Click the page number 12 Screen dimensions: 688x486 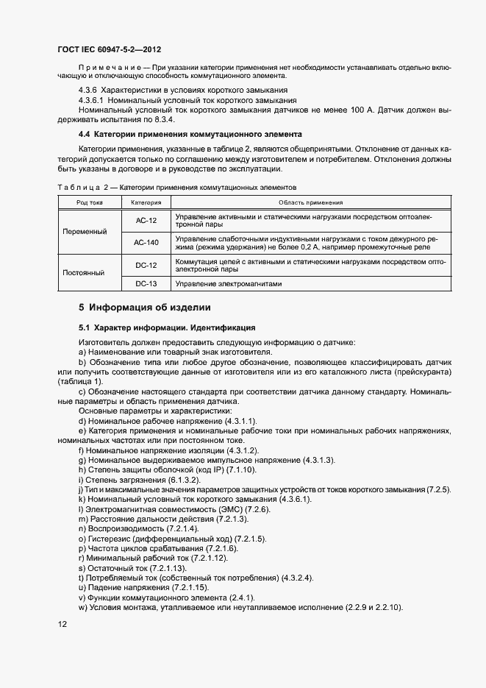62,625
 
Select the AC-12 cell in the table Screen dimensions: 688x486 147,221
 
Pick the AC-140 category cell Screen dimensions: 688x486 147,242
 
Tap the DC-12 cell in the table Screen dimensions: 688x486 147,264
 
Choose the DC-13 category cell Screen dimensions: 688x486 147,283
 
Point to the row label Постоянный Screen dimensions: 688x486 85,273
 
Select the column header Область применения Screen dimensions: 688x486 311,202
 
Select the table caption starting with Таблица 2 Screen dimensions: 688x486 176,187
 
